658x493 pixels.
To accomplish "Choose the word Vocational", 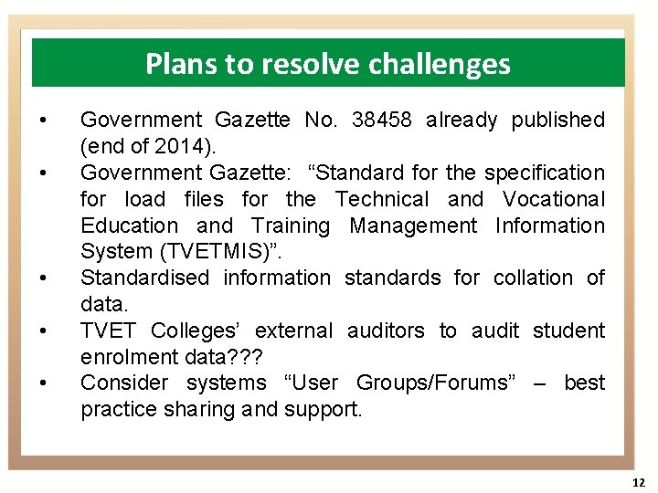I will click(x=554, y=199).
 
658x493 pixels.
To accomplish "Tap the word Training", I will click(x=291, y=226).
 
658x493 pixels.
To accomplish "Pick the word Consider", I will click(x=124, y=383).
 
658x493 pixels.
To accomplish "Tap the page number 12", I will click(x=638, y=482).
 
